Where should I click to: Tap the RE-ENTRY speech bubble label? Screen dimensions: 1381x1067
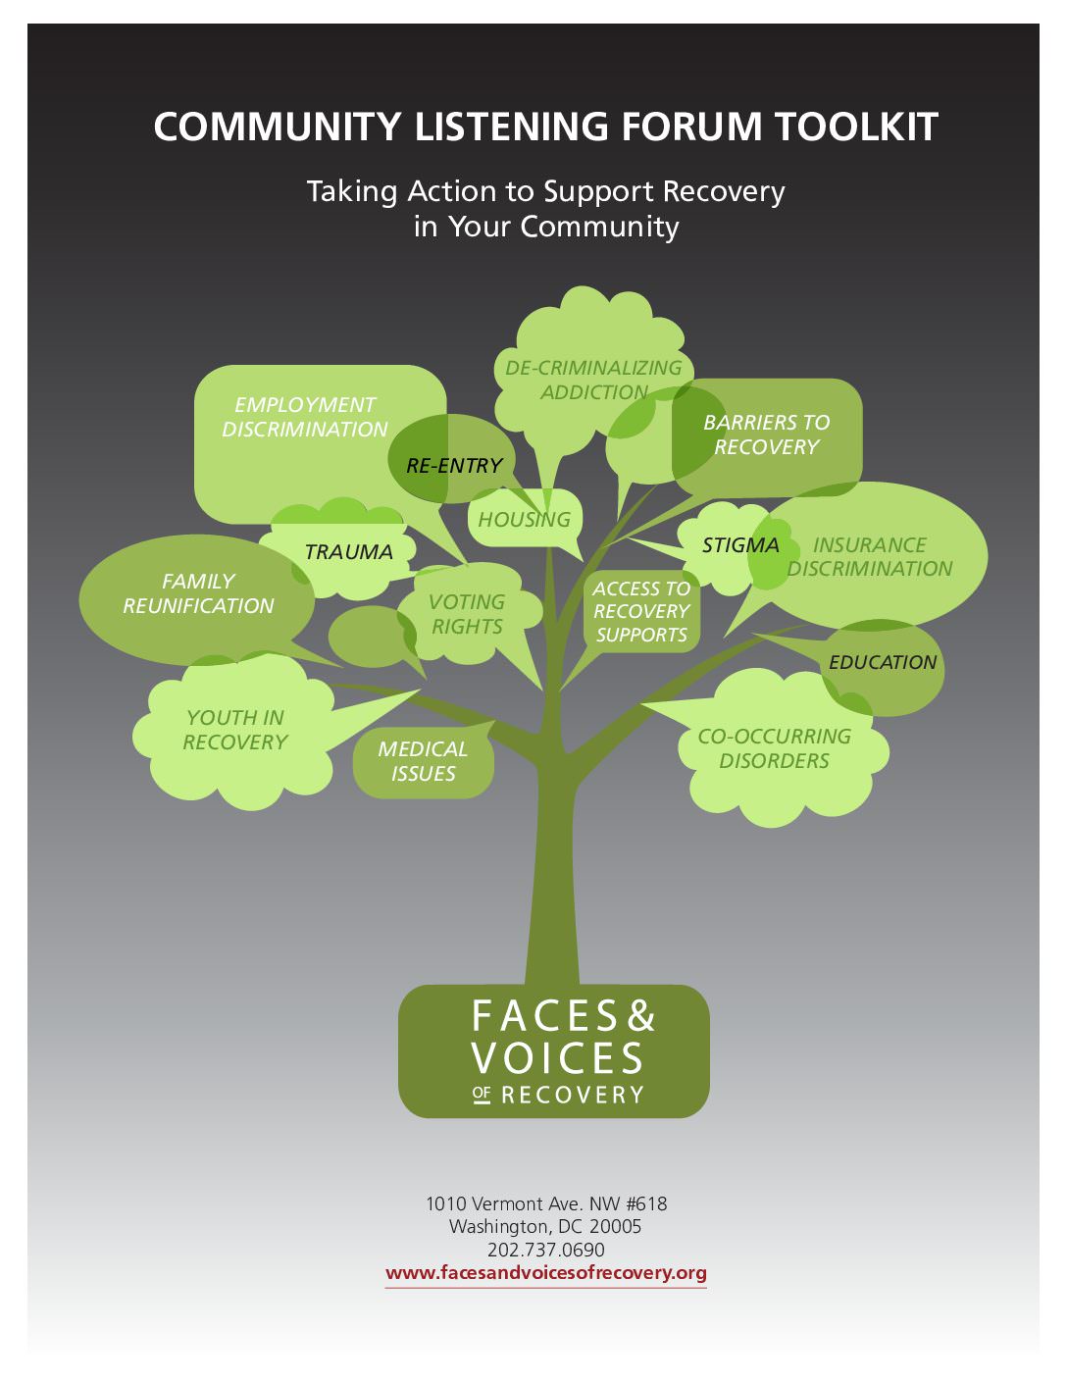pos(454,465)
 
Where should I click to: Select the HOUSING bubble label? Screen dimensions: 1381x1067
pos(524,519)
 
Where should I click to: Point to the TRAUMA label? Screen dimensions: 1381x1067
pos(348,552)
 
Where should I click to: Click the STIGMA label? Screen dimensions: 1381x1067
pos(740,545)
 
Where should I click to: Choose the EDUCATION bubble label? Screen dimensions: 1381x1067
pos(883,662)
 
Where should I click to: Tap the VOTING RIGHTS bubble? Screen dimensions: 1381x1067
pos(467,614)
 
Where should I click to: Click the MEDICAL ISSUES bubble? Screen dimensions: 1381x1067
pos(423,761)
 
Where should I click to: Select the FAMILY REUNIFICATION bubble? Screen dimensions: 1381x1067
pos(198,593)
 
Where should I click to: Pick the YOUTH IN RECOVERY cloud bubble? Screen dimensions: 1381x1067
pos(235,730)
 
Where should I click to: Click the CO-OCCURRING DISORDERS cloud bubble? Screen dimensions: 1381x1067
pos(774,748)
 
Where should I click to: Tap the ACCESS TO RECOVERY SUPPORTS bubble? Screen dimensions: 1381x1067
pos(641,611)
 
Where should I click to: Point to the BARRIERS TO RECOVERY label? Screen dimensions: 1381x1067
pos(766,435)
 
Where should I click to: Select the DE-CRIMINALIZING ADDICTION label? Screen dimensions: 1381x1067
pos(593,380)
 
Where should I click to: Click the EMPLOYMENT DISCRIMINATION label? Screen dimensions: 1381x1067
pos(305,417)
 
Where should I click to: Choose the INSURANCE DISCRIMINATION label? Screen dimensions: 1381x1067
pos(870,556)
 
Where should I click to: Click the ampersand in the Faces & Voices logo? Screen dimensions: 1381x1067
pos(640,1016)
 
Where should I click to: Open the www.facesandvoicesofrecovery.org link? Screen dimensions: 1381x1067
pos(546,1273)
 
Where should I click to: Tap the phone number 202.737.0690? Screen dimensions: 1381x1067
pos(546,1250)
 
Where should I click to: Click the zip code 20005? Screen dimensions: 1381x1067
pos(615,1226)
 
